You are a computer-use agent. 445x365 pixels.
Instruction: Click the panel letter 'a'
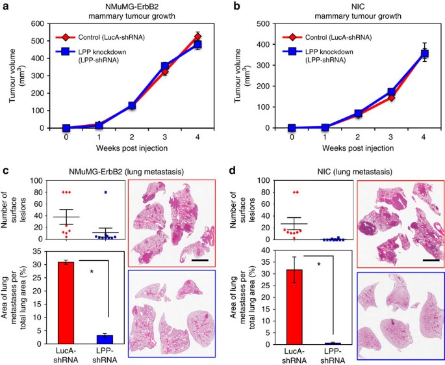5,6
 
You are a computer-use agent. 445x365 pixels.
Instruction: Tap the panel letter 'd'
233,172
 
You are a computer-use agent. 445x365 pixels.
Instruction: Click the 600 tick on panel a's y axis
38,23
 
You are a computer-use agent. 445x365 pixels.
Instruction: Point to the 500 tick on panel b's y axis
264,23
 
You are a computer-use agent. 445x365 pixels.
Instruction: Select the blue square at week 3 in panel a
165,66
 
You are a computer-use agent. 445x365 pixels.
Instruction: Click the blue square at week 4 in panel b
424,54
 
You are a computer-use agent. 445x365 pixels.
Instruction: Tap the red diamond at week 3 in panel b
391,98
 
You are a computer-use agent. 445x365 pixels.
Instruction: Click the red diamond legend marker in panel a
66,37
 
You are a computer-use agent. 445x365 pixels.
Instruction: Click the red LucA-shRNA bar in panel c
66,303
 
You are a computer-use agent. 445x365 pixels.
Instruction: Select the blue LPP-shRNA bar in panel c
105,340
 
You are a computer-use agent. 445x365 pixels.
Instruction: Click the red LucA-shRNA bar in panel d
294,307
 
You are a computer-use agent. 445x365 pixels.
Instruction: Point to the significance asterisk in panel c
92,272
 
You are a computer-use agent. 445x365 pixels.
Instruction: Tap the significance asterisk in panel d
319,265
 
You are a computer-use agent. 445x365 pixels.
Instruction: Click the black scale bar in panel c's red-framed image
200,260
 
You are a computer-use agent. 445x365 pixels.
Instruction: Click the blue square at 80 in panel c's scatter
105,192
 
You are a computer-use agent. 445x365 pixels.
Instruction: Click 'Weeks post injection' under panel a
132,148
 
